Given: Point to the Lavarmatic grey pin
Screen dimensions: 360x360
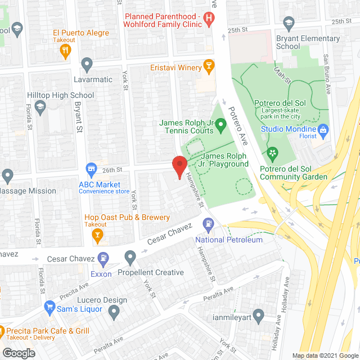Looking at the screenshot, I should [x=87, y=66].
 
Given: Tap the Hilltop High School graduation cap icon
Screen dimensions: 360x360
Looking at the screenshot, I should [x=40, y=106].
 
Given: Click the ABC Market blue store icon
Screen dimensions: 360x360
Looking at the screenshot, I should [x=91, y=169].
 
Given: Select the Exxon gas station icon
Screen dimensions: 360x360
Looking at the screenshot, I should [x=103, y=260].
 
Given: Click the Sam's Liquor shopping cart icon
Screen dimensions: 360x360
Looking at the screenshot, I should [x=49, y=309].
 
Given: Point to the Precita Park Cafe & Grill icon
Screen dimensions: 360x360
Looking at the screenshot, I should [x=2, y=331].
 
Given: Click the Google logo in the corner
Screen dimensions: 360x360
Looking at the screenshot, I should [x=19, y=353].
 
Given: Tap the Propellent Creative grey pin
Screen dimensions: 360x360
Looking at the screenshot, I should [x=130, y=258].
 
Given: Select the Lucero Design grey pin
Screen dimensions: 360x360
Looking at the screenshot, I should [x=114, y=310].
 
